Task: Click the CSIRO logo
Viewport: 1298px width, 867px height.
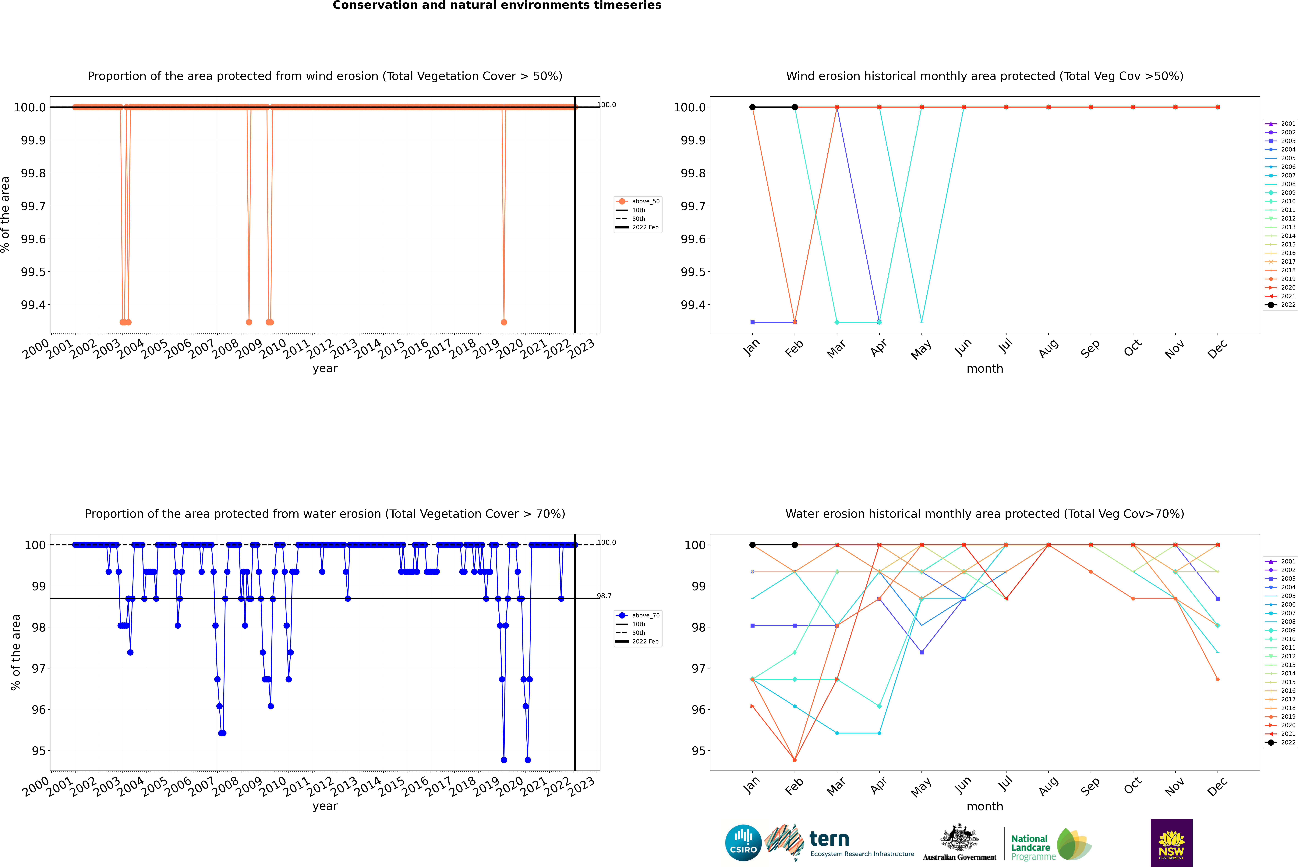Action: pyautogui.click(x=743, y=843)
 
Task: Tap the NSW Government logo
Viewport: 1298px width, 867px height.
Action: pyautogui.click(x=1171, y=843)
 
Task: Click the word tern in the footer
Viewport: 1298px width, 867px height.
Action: pyautogui.click(x=829, y=839)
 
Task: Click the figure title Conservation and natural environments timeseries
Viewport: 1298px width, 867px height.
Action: pyautogui.click(x=497, y=5)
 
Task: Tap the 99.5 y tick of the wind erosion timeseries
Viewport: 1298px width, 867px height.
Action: pyautogui.click(x=33, y=272)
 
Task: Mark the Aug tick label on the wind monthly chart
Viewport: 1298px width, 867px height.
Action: pyautogui.click(x=1049, y=348)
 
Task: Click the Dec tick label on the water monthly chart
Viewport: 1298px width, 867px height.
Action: pyautogui.click(x=1217, y=786)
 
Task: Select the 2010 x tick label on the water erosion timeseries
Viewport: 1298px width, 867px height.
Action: pyautogui.click(x=273, y=786)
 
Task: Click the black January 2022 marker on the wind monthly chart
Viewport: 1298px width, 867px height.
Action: pyautogui.click(x=752, y=107)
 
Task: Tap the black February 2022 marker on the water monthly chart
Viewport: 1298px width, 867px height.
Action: pyautogui.click(x=794, y=545)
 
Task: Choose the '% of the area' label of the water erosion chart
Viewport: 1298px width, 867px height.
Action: pyautogui.click(x=16, y=653)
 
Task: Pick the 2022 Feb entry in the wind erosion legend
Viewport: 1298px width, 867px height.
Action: pyautogui.click(x=645, y=227)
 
